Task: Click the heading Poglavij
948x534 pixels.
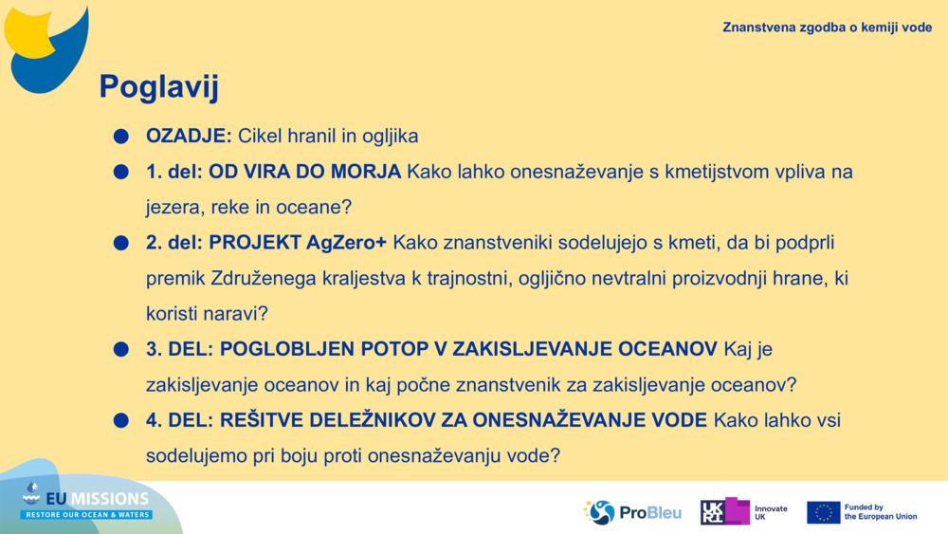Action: coord(159,87)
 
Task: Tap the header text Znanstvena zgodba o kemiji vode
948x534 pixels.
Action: coord(827,28)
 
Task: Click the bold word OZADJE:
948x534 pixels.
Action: coord(189,137)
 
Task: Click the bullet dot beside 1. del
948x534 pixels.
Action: coord(120,173)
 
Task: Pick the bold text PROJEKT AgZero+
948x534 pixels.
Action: coord(298,243)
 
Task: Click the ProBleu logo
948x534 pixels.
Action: coord(632,512)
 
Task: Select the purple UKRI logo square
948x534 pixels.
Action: coord(725,512)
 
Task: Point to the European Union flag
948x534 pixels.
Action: coord(823,512)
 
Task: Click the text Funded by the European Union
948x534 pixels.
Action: coord(880,512)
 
